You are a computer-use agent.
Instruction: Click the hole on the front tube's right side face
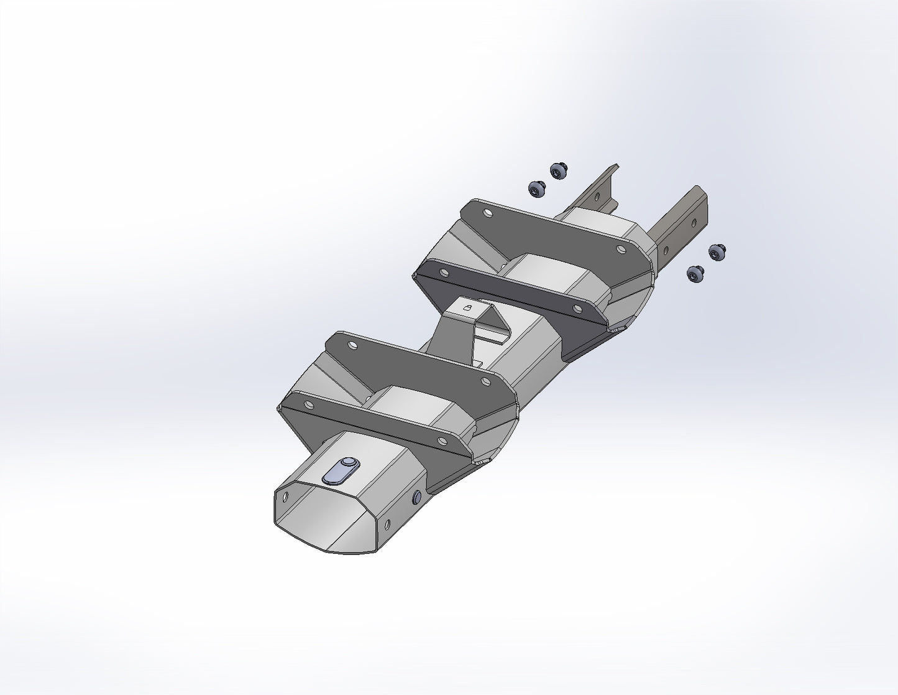pos(387,525)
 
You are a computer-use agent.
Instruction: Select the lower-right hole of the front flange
pos(442,441)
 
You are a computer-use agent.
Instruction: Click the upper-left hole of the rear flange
pos(487,213)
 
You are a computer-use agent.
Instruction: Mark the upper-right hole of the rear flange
pos(620,249)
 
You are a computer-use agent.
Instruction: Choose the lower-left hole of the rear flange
pos(443,272)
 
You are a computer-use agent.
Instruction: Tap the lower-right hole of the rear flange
pos(577,308)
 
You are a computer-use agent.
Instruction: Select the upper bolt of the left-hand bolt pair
pos(559,170)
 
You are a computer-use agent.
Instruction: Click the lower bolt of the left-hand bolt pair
pos(536,188)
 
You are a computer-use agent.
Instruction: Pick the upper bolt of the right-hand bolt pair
pos(717,252)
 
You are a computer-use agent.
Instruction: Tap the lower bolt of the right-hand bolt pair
pos(695,273)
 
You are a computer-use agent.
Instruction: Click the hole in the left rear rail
pos(597,197)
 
